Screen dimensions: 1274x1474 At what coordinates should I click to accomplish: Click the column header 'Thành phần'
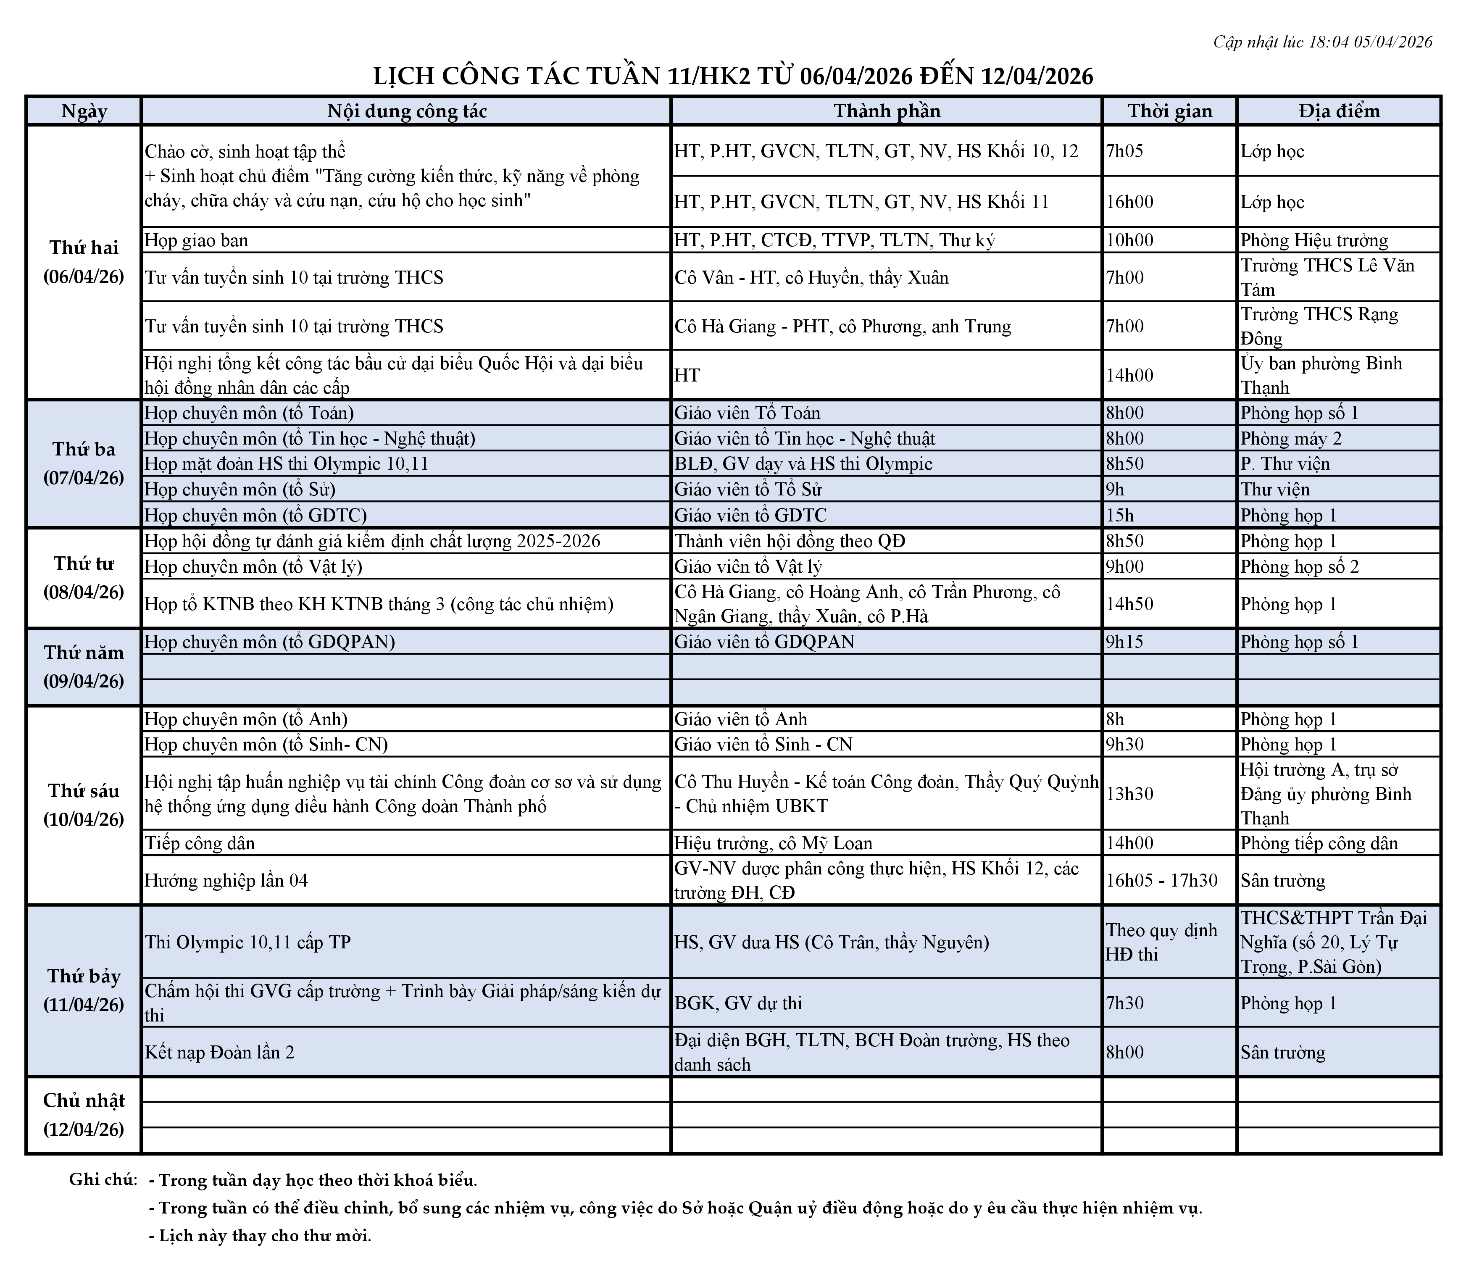coord(887,111)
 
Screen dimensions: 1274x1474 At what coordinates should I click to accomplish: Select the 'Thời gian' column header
coord(1169,111)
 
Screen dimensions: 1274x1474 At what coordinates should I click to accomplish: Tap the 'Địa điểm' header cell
coord(1339,111)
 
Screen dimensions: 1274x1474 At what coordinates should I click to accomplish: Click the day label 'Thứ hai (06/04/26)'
coord(84,262)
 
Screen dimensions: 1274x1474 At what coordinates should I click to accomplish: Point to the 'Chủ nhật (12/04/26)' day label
coord(84,1115)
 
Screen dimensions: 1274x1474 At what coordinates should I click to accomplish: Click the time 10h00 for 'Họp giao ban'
coord(1130,240)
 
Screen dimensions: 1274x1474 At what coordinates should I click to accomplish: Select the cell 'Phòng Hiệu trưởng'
coord(1314,240)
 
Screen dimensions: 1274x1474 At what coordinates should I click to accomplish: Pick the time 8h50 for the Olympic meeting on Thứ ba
coord(1125,464)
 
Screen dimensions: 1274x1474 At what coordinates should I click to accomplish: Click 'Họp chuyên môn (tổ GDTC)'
coord(255,515)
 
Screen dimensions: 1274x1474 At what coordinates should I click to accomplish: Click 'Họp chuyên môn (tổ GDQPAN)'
coord(270,642)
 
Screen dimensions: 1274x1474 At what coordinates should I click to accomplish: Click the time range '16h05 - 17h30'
coord(1162,881)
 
